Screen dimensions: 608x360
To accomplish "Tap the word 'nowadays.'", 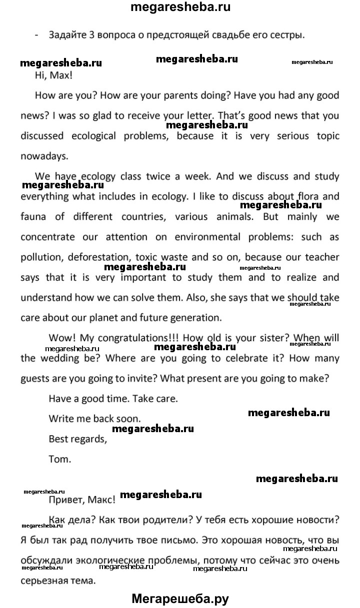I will (44, 155).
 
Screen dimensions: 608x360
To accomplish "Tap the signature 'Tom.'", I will (60, 459).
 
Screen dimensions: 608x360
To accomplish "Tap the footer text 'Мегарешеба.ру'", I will (180, 598).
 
